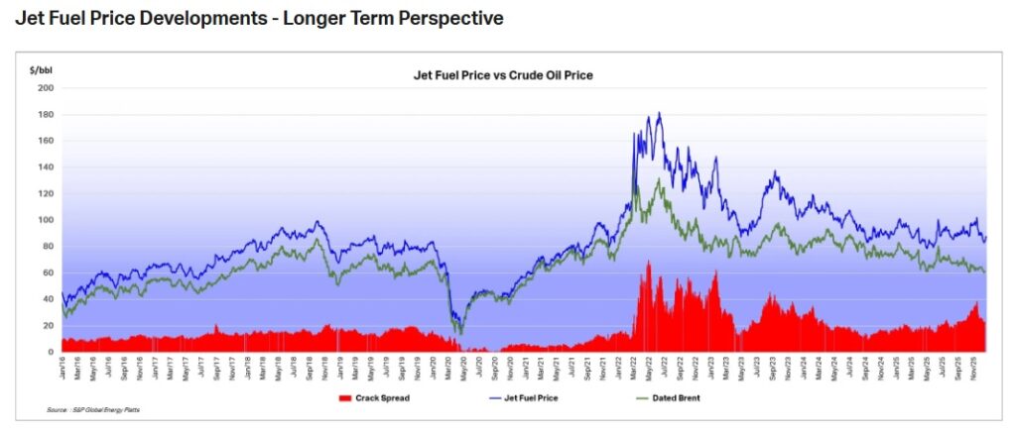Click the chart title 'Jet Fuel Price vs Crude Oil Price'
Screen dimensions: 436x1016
pos(502,75)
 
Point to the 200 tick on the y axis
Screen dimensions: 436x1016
pos(46,87)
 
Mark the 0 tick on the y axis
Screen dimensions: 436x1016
pos(51,352)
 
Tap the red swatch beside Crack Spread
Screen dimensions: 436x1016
pos(346,397)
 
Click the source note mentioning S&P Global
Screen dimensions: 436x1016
pos(94,409)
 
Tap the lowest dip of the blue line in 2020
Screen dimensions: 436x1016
pos(457,334)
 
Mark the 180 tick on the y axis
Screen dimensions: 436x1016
pos(46,114)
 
